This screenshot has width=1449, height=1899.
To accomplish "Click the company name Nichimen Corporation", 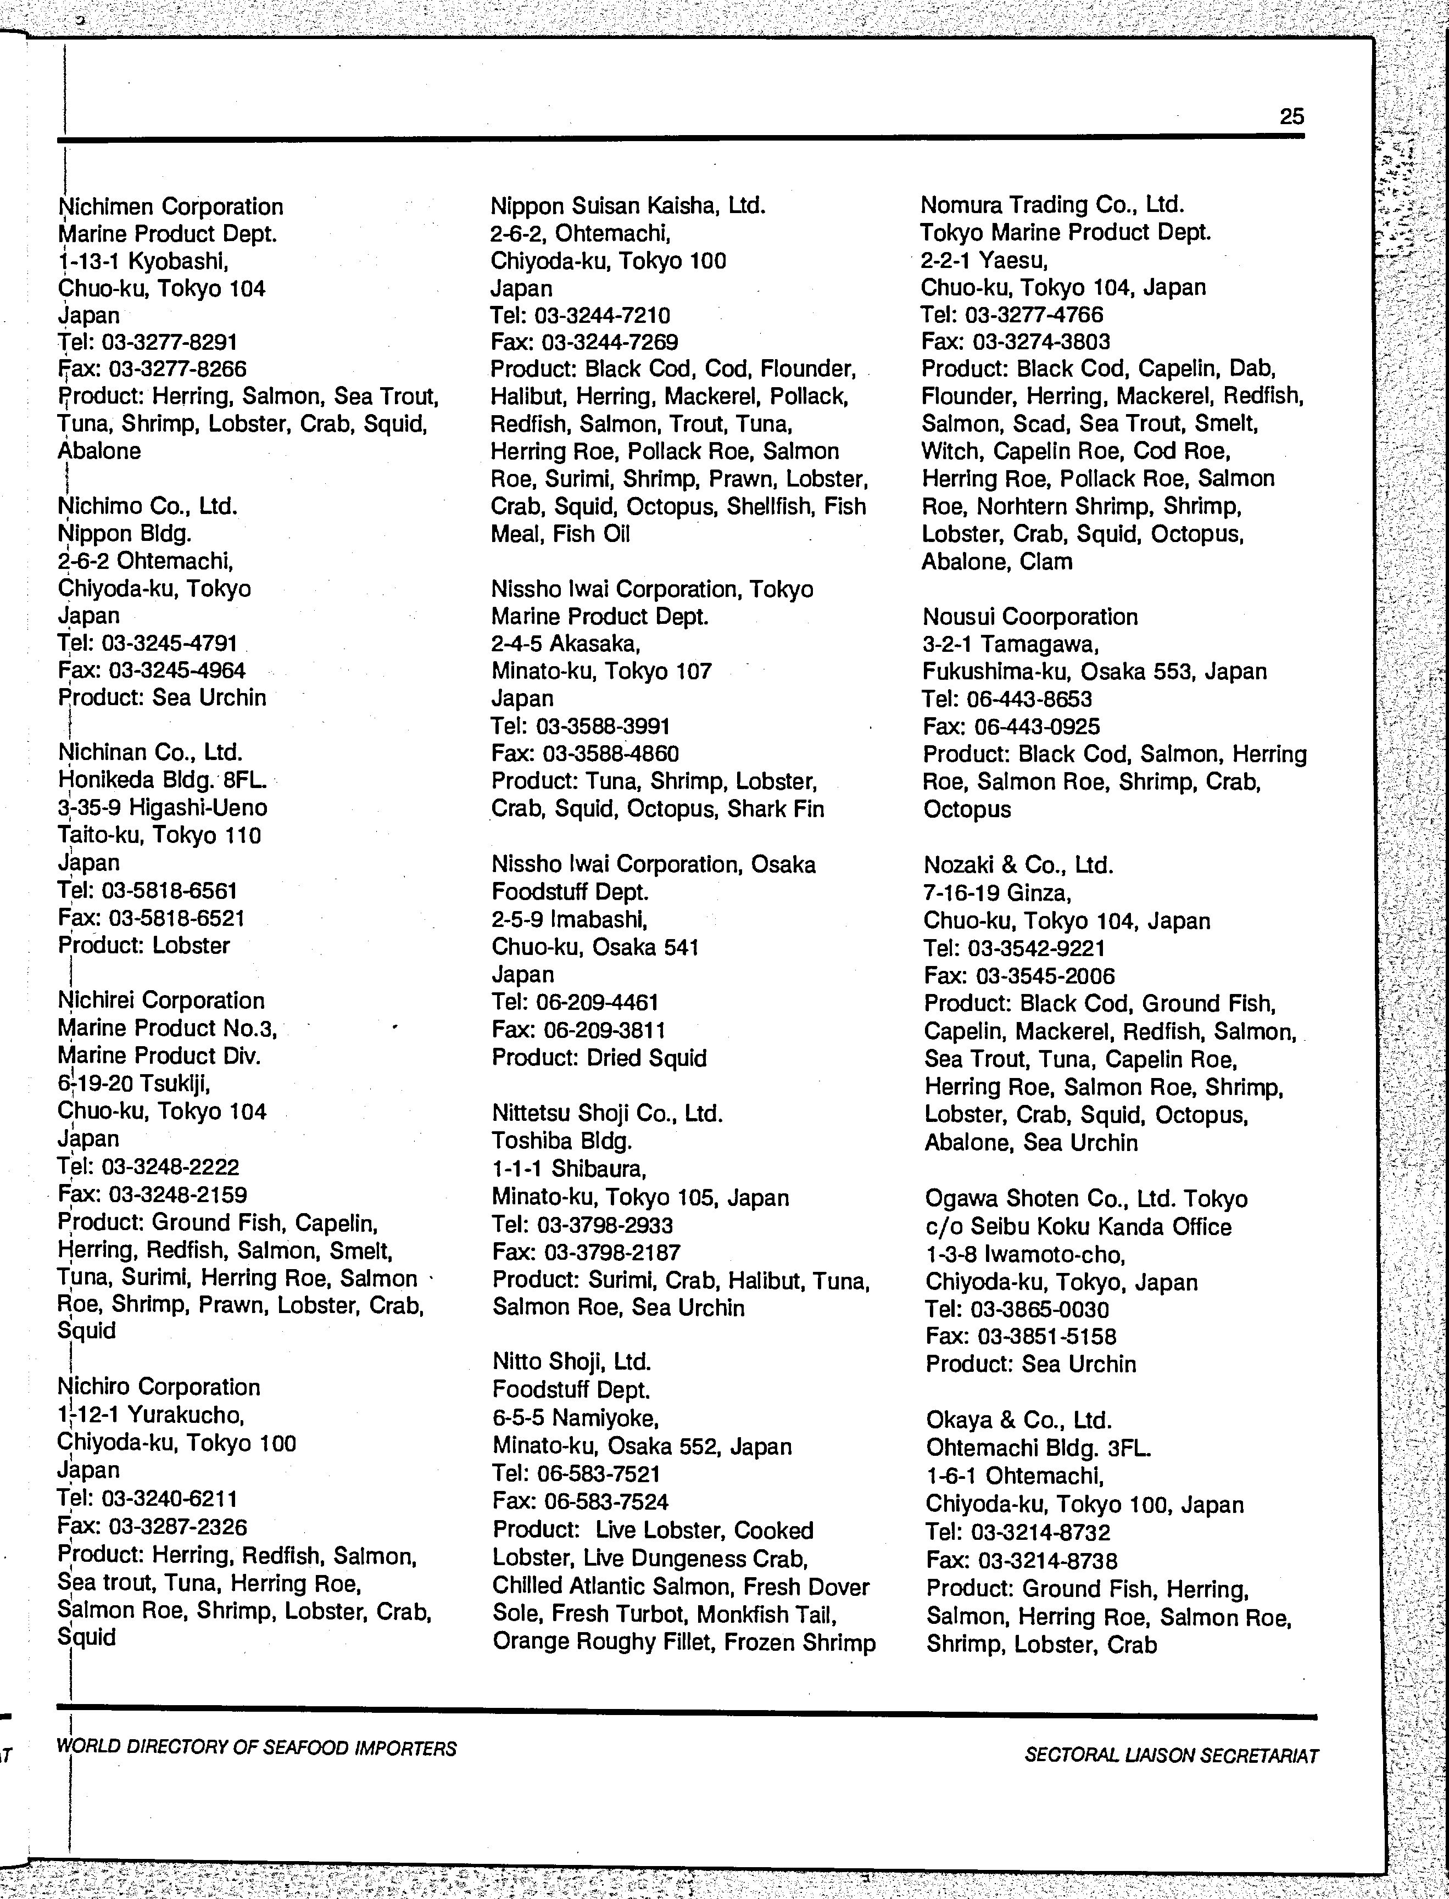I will pyautogui.click(x=171, y=207).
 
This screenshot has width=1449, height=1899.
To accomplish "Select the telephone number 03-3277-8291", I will pyautogui.click(x=170, y=342).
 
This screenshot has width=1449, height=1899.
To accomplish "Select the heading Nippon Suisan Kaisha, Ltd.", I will pyautogui.click(x=628, y=205).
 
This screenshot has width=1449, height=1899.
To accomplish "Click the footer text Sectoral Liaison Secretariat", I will pyautogui.click(x=1171, y=1755).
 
